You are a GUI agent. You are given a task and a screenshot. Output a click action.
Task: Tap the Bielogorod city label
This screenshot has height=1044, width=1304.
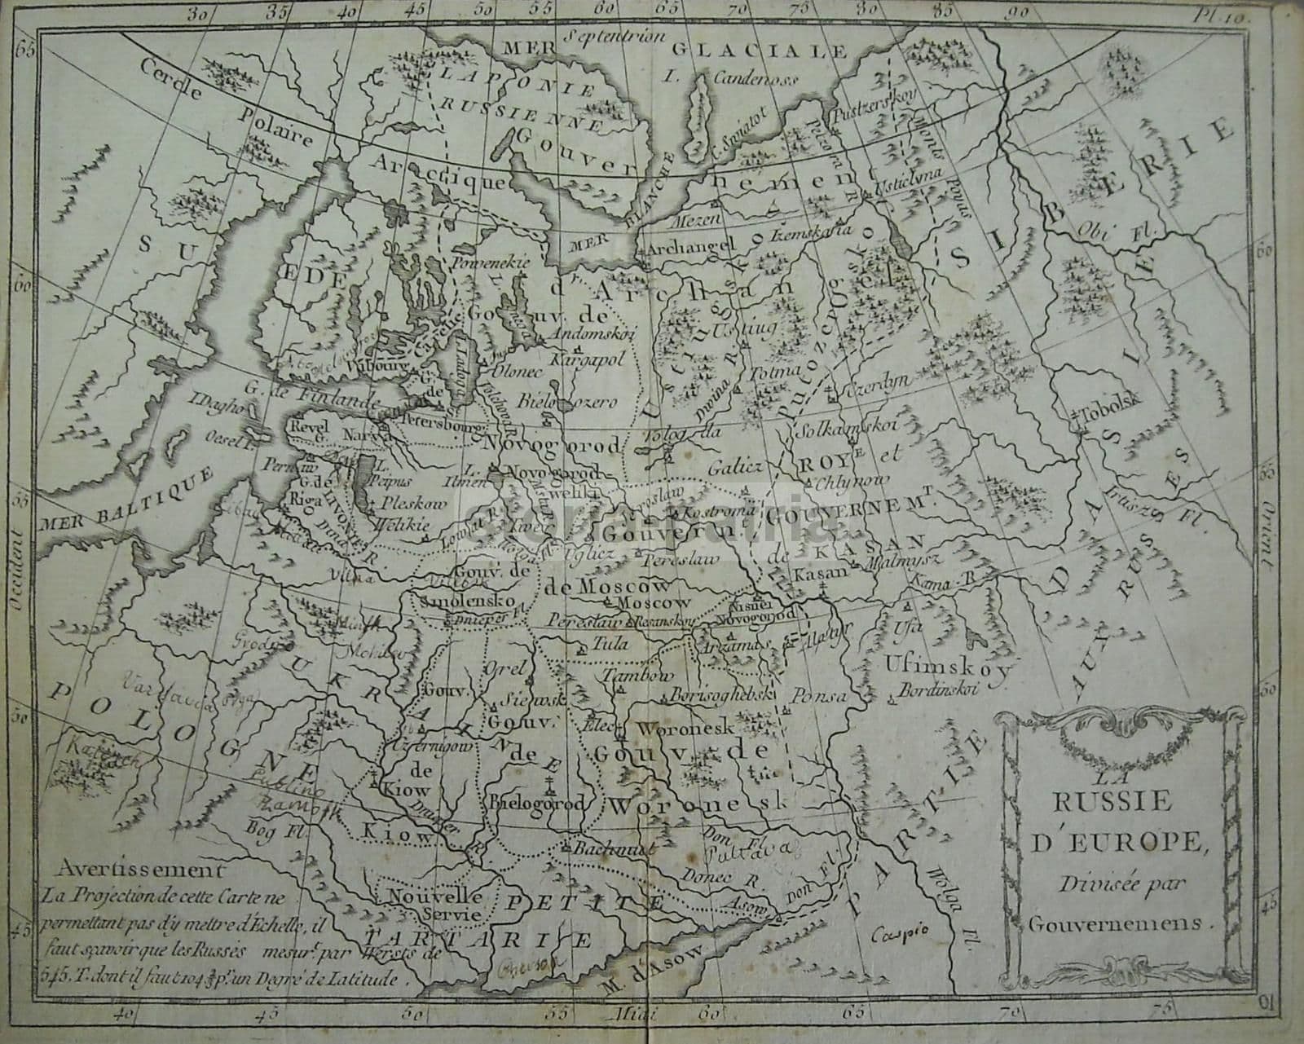(537, 803)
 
